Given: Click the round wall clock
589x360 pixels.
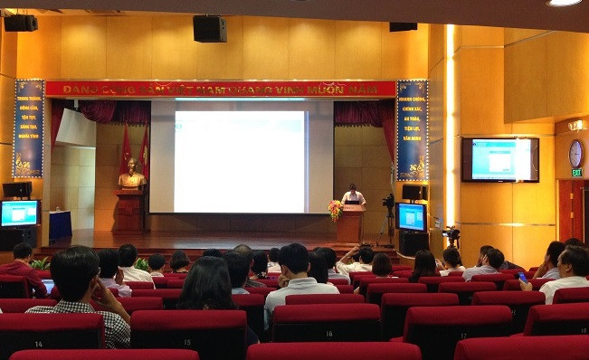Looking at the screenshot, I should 575,153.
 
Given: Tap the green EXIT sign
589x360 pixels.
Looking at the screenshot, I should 576,172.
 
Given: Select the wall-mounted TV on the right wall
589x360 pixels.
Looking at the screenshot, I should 499,159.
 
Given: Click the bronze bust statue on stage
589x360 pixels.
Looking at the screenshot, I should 131,174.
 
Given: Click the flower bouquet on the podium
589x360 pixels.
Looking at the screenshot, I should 336,210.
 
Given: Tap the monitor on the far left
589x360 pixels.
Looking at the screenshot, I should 19,213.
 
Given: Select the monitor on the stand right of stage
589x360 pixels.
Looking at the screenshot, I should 412,216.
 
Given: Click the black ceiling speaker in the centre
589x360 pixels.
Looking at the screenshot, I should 209,28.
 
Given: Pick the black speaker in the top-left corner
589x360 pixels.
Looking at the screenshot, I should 21,23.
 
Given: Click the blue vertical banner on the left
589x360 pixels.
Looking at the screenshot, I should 28,128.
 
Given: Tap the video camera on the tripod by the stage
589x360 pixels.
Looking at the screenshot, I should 388,203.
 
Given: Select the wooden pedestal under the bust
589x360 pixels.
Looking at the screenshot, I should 130,209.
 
